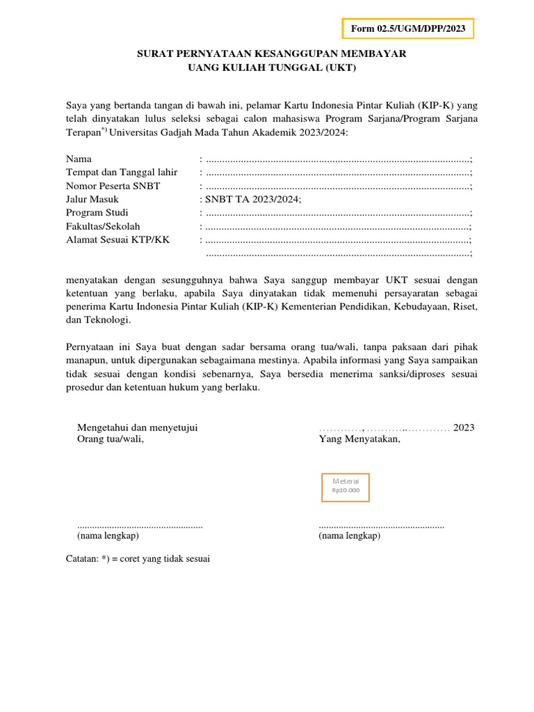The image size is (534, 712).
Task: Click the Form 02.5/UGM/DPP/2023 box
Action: [408, 29]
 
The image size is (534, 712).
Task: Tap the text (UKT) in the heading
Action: [343, 67]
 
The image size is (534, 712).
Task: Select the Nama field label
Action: [79, 159]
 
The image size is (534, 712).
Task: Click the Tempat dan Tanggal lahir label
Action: [122, 172]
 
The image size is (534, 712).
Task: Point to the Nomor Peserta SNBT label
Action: [113, 186]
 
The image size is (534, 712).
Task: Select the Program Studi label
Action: [97, 213]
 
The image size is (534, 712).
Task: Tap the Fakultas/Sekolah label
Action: [103, 227]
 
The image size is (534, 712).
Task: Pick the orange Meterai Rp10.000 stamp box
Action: [346, 487]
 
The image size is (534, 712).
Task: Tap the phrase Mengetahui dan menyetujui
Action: [137, 428]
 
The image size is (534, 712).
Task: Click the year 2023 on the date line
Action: [464, 428]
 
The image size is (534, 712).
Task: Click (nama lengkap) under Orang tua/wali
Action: [107, 536]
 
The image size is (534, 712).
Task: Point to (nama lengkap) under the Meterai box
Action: [349, 536]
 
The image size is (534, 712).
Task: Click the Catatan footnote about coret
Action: [138, 558]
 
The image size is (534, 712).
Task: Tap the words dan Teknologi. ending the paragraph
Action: [98, 321]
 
